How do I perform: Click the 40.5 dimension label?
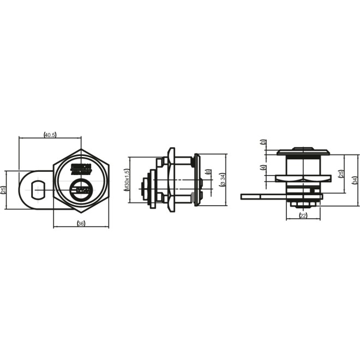pyautogui.click(x=50, y=134)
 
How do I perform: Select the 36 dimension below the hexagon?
pyautogui.click(x=81, y=224)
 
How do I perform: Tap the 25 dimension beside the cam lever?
pyautogui.click(x=4, y=190)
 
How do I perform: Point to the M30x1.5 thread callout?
pyautogui.click(x=126, y=180)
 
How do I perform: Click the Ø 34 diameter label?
pyautogui.click(x=222, y=180)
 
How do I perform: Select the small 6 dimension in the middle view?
pyautogui.click(x=208, y=172)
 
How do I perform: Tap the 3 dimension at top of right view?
pyautogui.click(x=263, y=143)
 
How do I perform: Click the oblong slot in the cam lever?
pyautogui.click(x=38, y=190)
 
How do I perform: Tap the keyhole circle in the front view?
pyautogui.click(x=81, y=189)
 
